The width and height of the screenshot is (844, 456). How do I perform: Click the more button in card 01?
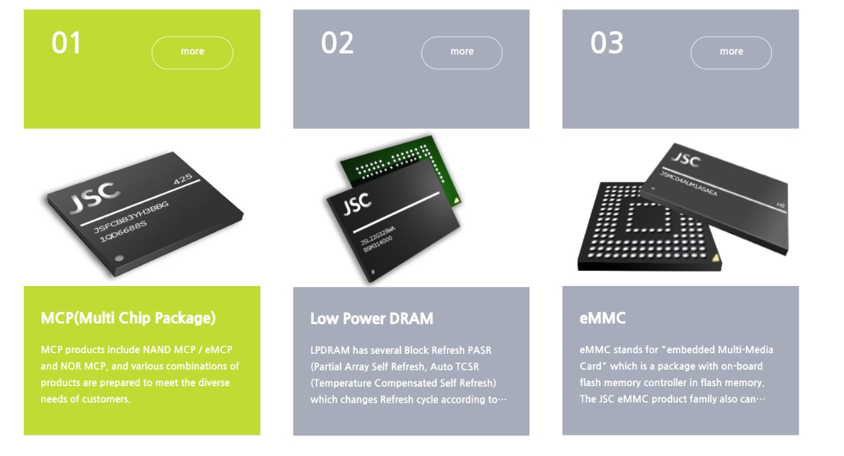click(x=192, y=52)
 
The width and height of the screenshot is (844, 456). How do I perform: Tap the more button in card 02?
click(x=462, y=52)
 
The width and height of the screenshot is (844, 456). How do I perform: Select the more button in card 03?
click(x=731, y=52)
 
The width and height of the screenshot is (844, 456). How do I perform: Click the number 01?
click(x=66, y=43)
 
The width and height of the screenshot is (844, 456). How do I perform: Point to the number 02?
click(x=337, y=43)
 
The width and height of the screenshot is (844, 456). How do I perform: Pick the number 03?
click(x=607, y=43)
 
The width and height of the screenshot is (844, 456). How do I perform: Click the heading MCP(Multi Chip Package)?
click(x=128, y=318)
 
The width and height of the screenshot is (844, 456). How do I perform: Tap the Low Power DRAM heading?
click(x=371, y=318)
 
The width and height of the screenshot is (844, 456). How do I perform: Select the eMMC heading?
click(x=602, y=318)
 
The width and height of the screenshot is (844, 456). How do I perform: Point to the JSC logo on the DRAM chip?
click(x=357, y=204)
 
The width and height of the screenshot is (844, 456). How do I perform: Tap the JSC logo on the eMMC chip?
click(x=686, y=159)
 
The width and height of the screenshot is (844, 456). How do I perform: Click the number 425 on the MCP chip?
click(x=183, y=179)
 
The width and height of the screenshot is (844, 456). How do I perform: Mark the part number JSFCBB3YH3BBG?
click(x=131, y=217)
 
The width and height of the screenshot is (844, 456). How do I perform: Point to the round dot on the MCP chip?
click(x=119, y=258)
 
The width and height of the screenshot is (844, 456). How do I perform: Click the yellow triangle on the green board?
click(x=456, y=201)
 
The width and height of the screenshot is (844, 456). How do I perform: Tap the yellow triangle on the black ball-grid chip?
click(x=715, y=258)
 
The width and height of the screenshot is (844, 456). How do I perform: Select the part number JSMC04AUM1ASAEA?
click(x=688, y=183)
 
